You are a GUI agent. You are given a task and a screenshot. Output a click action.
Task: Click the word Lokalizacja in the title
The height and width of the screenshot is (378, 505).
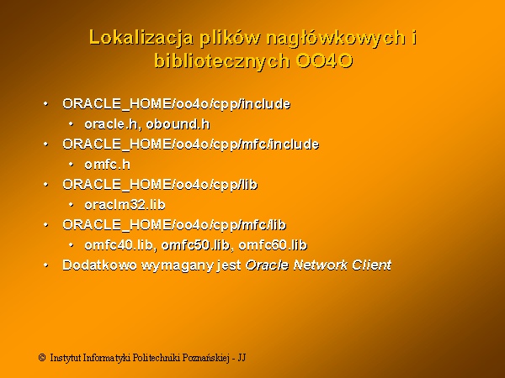141,39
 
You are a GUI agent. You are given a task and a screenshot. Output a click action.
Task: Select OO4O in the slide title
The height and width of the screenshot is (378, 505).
324,60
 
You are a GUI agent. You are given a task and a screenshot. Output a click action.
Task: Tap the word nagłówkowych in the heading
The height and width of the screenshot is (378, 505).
336,39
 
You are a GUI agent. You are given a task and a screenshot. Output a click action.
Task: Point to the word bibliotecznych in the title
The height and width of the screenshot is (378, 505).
222,61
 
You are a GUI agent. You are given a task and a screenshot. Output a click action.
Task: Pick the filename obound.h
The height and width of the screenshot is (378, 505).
178,124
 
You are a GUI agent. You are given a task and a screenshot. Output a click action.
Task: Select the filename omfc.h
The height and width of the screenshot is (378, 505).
108,165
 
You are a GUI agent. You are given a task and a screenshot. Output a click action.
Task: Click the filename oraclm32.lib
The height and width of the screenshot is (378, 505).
125,205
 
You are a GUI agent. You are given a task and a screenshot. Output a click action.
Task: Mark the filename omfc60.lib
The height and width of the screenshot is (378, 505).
273,245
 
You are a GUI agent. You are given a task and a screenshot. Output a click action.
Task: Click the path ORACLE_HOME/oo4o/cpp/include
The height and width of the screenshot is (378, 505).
177,104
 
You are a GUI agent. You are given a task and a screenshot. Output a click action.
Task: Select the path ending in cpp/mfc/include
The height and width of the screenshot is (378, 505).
191,144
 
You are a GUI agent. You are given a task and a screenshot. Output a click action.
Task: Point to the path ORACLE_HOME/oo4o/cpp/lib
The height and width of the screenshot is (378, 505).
160,185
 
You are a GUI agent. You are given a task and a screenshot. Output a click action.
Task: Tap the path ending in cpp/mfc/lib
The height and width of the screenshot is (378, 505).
174,225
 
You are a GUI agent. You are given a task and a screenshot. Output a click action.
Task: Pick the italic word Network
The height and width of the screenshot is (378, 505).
321,265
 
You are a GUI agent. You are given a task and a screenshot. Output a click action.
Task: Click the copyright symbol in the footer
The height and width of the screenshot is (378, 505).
42,358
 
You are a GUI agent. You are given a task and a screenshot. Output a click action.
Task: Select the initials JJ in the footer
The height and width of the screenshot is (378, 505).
242,358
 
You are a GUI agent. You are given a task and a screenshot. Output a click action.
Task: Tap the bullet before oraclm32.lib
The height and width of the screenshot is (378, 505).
72,205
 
